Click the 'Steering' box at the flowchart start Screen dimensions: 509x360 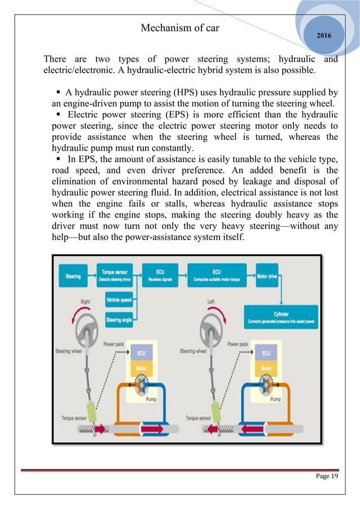73,277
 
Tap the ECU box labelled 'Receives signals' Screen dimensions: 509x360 160,277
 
